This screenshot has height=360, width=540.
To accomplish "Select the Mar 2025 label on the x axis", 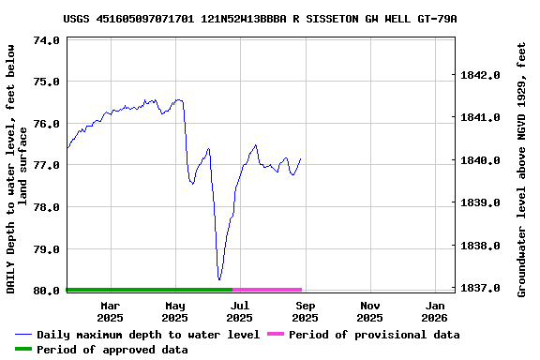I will coord(110,311).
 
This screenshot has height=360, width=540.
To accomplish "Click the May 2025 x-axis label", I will coord(175,311).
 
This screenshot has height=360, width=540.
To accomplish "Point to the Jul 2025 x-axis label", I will coord(240,311).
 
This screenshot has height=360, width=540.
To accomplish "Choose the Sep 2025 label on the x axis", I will coord(305,311).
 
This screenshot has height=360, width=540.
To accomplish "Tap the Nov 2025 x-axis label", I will coord(369,311).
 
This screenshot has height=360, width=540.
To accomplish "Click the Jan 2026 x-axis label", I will coord(435,311).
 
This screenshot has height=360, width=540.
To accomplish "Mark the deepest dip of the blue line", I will coord(219,278).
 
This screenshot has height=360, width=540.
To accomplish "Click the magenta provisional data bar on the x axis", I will coord(267,290).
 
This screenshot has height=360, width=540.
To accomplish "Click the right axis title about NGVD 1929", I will coord(521,169).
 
